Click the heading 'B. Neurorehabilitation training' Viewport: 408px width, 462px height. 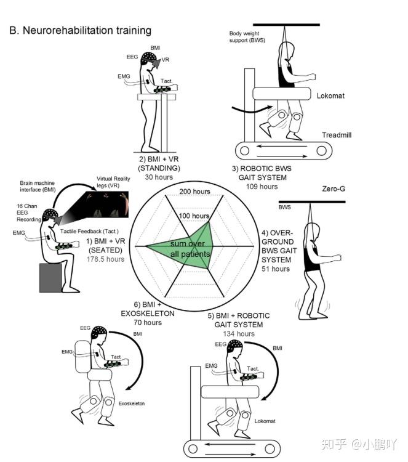[80, 30]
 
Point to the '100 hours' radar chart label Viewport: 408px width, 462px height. [193, 216]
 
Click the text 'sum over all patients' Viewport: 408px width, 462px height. [190, 249]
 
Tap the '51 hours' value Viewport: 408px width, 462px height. [275, 269]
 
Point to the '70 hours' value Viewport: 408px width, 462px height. [147, 322]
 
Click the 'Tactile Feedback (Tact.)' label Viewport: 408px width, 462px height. [87, 230]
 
